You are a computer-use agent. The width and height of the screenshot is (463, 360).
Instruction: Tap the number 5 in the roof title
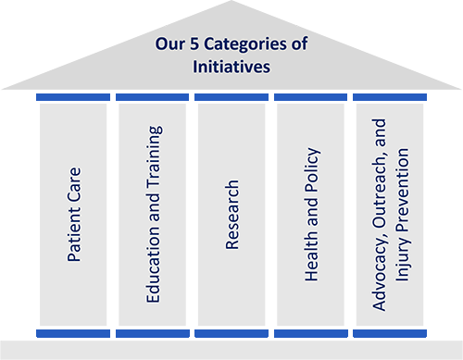pyautogui.click(x=194, y=43)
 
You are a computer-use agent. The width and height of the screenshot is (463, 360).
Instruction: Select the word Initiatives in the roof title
pyautogui.click(x=231, y=67)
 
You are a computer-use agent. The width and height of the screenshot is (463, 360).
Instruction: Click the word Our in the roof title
pyautogui.click(x=170, y=43)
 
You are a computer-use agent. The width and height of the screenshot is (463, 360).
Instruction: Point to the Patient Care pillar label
pyautogui.click(x=74, y=215)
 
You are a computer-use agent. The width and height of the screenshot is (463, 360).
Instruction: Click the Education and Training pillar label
pyautogui.click(x=154, y=214)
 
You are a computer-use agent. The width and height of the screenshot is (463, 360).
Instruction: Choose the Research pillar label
pyautogui.click(x=232, y=215)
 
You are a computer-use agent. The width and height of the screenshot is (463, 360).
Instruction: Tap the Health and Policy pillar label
pyautogui.click(x=312, y=215)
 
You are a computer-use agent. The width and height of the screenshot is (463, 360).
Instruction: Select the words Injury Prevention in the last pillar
pyautogui.click(x=403, y=215)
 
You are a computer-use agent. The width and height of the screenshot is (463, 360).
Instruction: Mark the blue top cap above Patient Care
pyautogui.click(x=73, y=97)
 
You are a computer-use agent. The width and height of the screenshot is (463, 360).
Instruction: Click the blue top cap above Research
pyautogui.click(x=231, y=97)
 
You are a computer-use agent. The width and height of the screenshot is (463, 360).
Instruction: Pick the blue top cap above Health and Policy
pyautogui.click(x=310, y=97)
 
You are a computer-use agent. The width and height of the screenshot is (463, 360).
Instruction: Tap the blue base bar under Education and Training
pyautogui.click(x=153, y=333)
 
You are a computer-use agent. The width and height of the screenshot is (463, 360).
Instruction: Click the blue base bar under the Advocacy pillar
pyautogui.click(x=390, y=333)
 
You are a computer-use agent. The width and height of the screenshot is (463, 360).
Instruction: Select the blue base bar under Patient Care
pyautogui.click(x=73, y=333)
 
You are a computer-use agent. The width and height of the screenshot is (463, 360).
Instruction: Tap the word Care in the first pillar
pyautogui.click(x=74, y=182)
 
